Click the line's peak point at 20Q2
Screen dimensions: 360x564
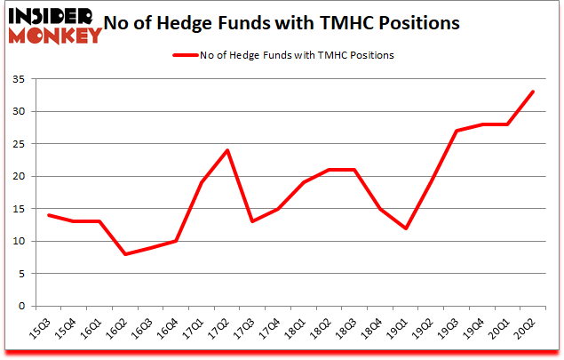533,92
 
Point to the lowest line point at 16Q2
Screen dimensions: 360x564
125,254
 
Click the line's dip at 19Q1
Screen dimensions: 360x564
406,228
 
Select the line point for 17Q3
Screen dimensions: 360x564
254,221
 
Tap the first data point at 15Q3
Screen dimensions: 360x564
48,215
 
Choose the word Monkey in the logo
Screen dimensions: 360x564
55,36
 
